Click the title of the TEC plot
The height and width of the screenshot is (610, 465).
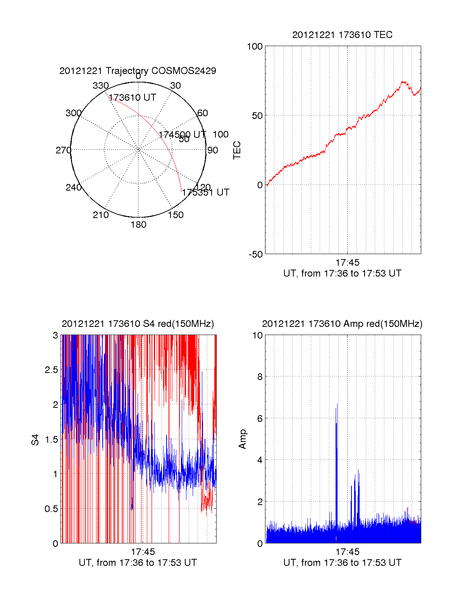click(342, 35)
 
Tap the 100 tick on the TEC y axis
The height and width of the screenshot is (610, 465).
click(255, 47)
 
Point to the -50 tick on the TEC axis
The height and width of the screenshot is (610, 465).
click(255, 254)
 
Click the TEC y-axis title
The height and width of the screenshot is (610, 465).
click(237, 150)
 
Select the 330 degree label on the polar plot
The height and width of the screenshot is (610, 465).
click(100, 86)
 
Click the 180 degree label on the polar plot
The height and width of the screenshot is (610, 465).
click(138, 225)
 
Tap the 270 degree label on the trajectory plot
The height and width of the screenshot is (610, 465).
click(63, 150)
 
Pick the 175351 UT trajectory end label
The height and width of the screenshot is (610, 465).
click(205, 192)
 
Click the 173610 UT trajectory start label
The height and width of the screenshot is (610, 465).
click(132, 98)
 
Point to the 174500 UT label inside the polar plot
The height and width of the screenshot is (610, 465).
click(182, 134)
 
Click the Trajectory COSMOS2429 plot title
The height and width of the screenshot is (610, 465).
click(138, 71)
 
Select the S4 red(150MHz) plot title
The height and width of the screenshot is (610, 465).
click(138, 324)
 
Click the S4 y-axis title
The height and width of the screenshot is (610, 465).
click(35, 440)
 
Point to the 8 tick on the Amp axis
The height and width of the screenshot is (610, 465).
click(260, 377)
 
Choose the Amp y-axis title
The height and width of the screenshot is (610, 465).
click(243, 439)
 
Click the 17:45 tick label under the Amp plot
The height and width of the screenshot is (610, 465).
click(347, 552)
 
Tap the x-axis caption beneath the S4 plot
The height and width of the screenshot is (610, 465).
click(138, 563)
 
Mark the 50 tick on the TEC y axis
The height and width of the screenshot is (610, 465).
click(257, 116)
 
